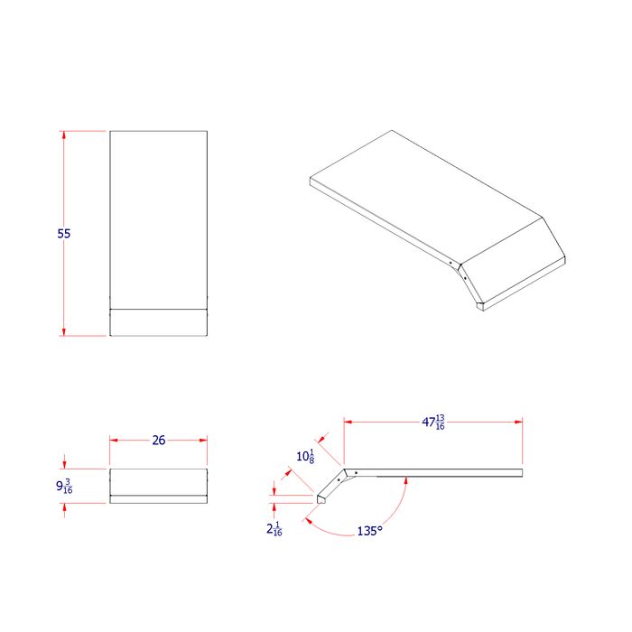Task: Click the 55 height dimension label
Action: (x=63, y=233)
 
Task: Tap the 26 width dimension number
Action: (x=159, y=440)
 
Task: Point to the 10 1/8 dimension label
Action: (x=305, y=457)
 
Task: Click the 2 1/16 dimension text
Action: (x=274, y=530)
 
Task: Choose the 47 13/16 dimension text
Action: (x=432, y=422)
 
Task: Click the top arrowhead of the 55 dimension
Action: (x=63, y=135)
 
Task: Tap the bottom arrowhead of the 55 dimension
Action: (x=63, y=331)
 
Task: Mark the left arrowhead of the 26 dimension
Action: (x=114, y=440)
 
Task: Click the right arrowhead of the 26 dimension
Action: (x=204, y=440)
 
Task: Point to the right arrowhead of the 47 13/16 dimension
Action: (x=519, y=421)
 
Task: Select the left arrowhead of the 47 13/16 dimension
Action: (x=348, y=421)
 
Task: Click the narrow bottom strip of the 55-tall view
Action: (x=159, y=322)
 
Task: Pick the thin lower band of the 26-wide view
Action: (x=159, y=498)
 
